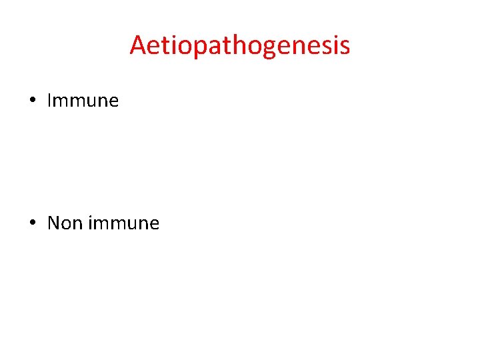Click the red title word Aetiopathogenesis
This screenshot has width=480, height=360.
coord(239,46)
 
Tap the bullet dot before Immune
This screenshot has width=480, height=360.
coord(32,101)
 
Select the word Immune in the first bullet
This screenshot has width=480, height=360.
coord(83,101)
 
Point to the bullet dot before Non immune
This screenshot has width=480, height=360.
coord(32,223)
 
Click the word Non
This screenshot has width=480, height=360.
coord(64,223)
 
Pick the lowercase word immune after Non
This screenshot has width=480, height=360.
coord(123,223)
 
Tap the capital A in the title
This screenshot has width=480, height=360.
coord(139,46)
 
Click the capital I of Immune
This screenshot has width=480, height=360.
coord(50,101)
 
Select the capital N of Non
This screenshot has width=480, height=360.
coord(54,223)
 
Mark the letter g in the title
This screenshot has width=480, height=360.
coord(274,49)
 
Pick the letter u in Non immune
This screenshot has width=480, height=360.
coord(128,224)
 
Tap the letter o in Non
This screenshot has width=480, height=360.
coord(65,224)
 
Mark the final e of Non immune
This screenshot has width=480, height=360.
coord(153,224)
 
